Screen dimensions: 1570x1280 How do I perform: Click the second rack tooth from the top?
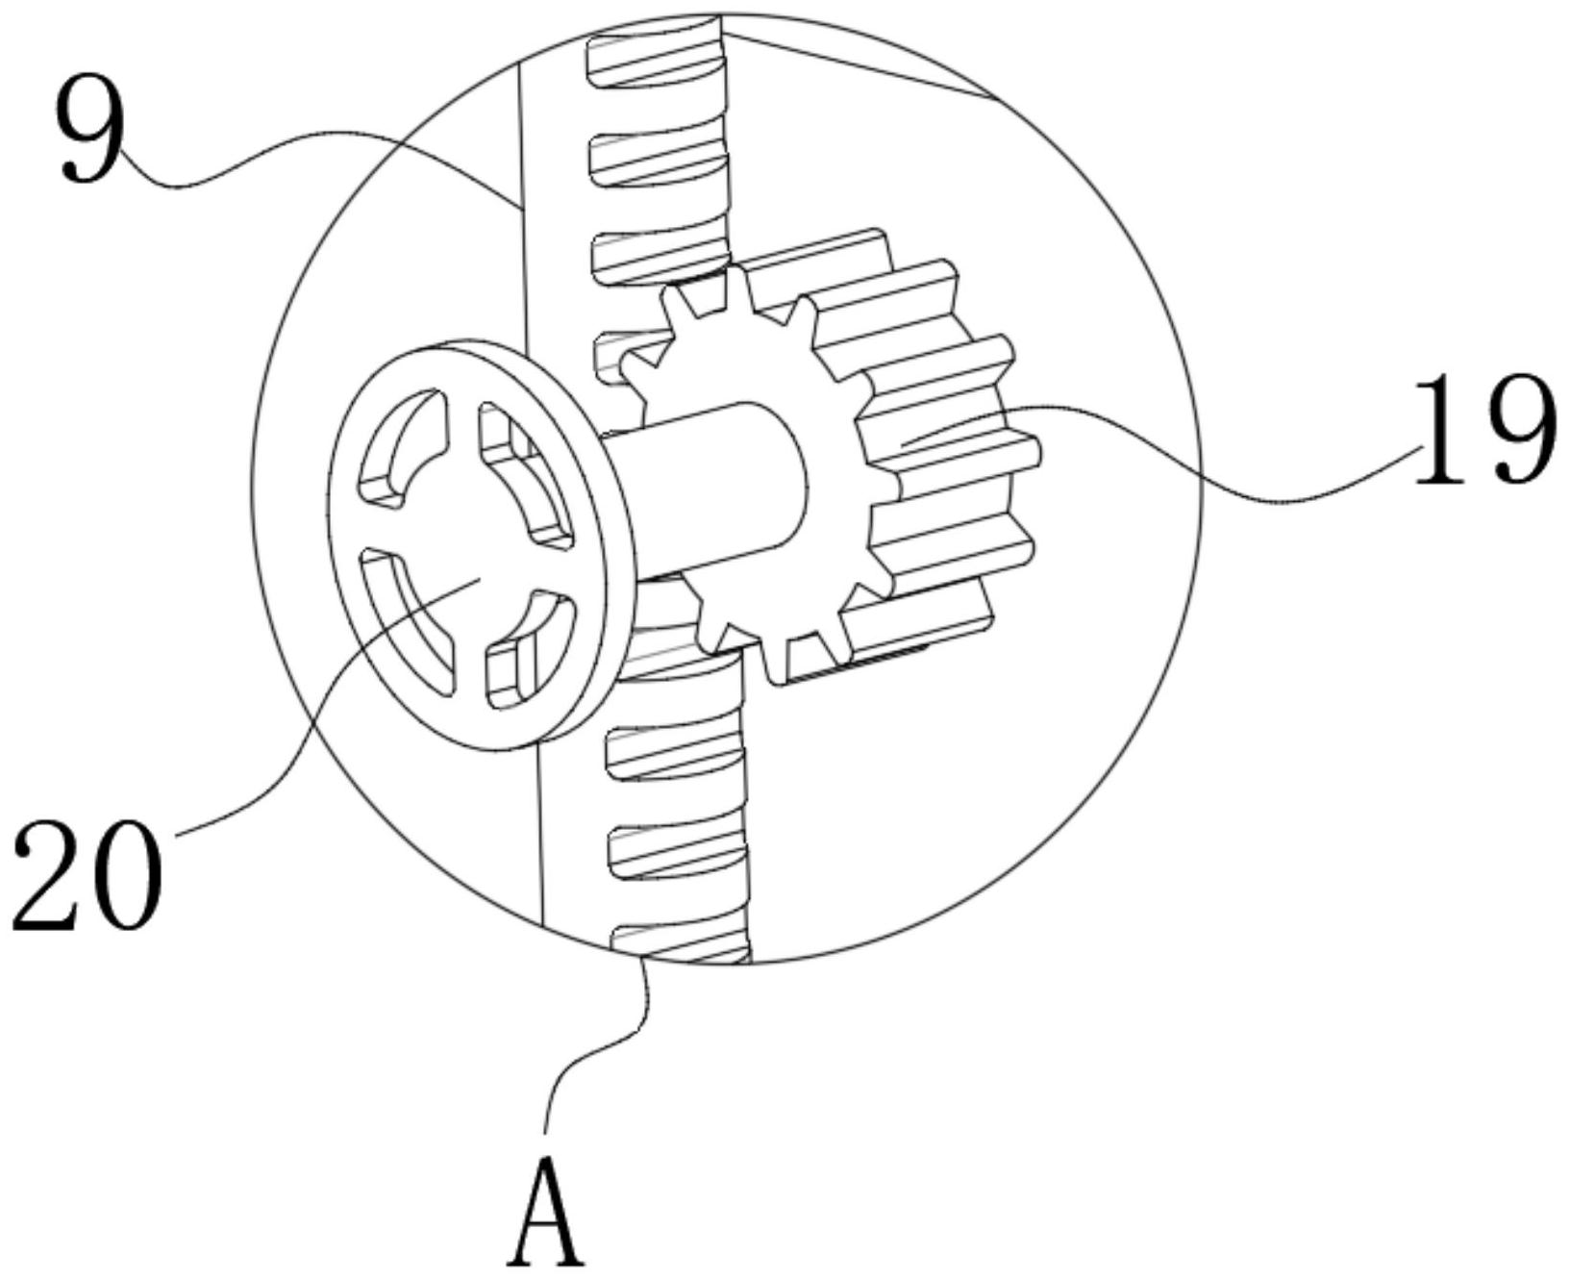(654, 154)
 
